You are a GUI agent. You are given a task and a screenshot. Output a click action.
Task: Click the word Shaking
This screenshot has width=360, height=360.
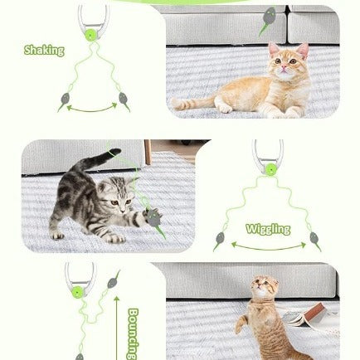pos(44,51)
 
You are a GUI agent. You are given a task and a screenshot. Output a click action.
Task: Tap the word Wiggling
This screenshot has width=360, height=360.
pos(268,229)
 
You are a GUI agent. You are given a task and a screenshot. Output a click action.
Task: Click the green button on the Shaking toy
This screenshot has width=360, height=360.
pos(90,36)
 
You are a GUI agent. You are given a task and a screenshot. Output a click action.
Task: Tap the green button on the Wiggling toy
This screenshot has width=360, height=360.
pos(270,169)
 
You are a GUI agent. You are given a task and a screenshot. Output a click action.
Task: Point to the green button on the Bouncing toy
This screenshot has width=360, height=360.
pos(77,291)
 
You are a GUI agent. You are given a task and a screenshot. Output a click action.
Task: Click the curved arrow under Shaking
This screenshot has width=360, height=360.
pos(92,108)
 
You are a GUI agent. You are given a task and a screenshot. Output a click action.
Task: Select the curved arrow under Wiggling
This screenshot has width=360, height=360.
pos(268,246)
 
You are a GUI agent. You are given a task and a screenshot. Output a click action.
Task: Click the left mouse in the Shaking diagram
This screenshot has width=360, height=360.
pos(64,102)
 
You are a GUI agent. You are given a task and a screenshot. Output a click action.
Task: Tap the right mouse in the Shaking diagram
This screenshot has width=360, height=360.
pos(124,100)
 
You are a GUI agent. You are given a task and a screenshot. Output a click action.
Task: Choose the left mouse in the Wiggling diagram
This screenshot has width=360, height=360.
pos(220,241)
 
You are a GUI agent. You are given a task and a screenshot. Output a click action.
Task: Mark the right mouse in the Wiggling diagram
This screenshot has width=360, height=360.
pos(315,240)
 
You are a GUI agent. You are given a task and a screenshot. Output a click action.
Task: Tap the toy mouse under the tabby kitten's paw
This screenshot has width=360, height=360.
pos(152,217)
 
